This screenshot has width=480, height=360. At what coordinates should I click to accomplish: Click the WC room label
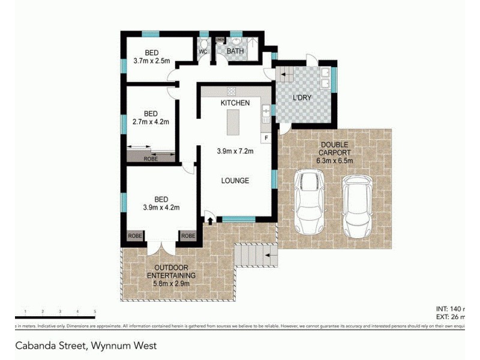click(x=203, y=52)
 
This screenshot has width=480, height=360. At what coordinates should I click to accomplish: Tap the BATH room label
click(x=235, y=52)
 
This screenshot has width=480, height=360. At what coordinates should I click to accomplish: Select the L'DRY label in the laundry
click(x=301, y=98)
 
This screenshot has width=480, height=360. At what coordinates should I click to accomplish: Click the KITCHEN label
click(x=235, y=103)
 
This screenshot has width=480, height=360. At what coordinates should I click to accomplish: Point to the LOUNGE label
click(x=235, y=181)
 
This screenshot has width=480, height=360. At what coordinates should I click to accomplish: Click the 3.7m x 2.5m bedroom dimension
click(x=151, y=61)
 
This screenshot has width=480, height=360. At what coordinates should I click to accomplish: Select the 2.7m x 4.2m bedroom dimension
click(x=151, y=122)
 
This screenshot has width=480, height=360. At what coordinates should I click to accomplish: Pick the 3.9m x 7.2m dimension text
click(x=235, y=151)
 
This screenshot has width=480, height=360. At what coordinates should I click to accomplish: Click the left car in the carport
click(x=310, y=202)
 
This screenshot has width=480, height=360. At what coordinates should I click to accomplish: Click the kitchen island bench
click(x=232, y=124)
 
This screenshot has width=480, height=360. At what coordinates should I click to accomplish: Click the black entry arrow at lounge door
click(x=209, y=220)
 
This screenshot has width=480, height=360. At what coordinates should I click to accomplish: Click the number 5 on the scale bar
click(x=95, y=311)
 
